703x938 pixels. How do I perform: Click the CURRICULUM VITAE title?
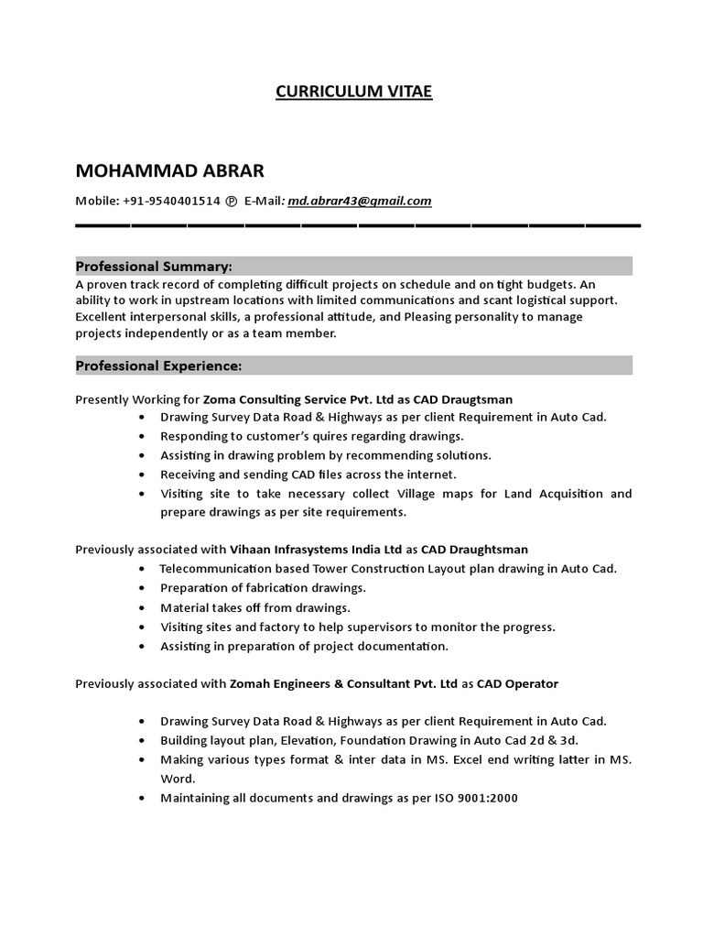pyautogui.click(x=353, y=92)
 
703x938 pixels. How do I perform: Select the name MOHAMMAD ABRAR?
pyautogui.click(x=169, y=172)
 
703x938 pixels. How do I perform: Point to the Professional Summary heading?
pyautogui.click(x=154, y=267)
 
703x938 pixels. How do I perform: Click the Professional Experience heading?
pyautogui.click(x=158, y=365)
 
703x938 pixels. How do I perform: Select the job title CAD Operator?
pyautogui.click(x=517, y=683)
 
